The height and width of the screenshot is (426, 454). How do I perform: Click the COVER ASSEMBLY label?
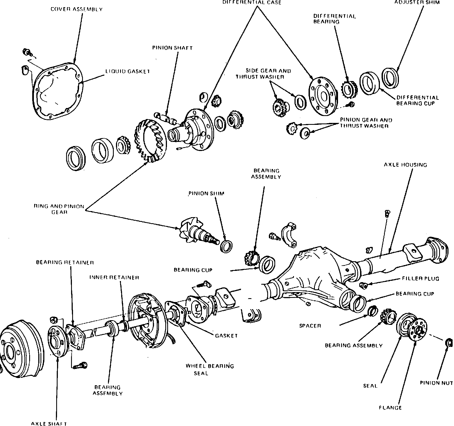pyautogui.click(x=77, y=9)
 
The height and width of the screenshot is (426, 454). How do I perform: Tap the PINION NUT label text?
pyautogui.click(x=436, y=383)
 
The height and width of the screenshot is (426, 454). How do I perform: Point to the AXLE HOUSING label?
pyautogui.click(x=406, y=165)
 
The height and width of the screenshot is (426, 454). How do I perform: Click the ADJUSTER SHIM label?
pyautogui.click(x=417, y=2)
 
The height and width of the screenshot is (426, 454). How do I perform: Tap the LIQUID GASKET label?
pyautogui.click(x=128, y=71)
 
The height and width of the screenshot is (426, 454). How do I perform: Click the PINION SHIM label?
pyautogui.click(x=206, y=193)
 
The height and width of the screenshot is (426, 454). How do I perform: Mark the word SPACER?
pyautogui.click(x=310, y=326)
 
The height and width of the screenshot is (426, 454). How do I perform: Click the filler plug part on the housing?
pyautogui.click(x=364, y=286)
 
